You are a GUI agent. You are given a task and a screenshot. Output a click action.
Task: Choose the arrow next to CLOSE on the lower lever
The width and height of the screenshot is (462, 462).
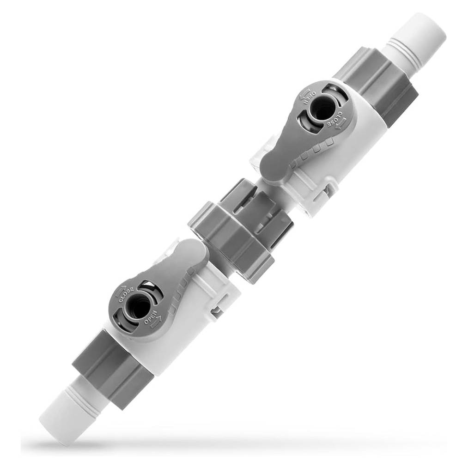[x=122, y=291]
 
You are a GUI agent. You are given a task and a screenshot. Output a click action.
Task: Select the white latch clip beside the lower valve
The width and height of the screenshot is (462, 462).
[x=217, y=307]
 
